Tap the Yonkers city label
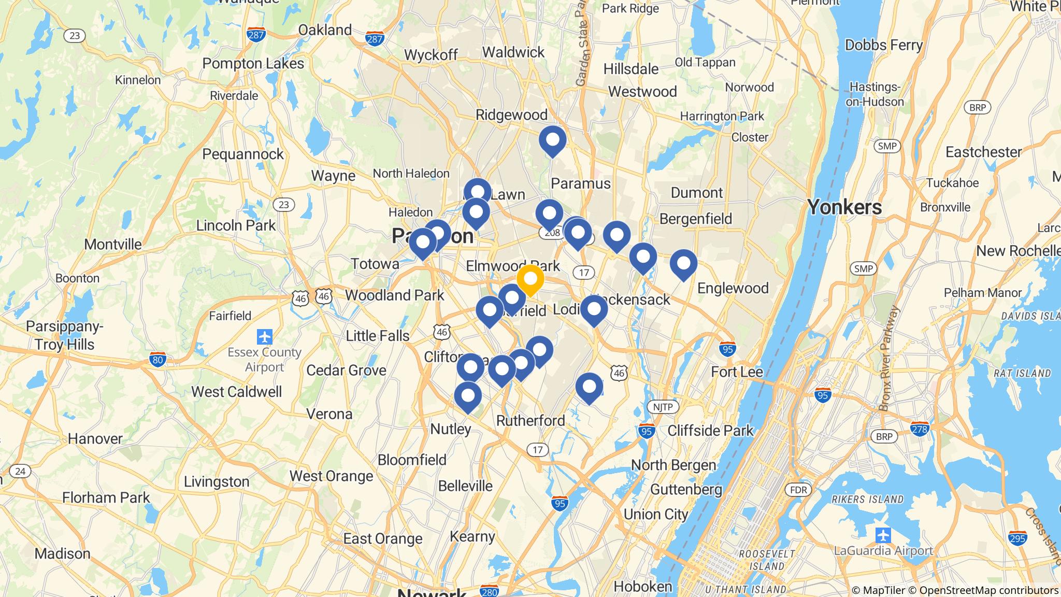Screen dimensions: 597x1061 point(844,207)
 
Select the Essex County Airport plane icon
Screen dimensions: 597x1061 point(265,337)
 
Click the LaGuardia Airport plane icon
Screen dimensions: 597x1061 point(883,534)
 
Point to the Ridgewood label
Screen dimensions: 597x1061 point(511,115)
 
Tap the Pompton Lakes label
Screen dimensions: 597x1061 point(253,63)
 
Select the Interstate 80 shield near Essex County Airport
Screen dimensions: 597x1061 point(157,359)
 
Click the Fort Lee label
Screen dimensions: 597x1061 point(737,372)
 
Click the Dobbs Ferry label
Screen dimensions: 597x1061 point(883,45)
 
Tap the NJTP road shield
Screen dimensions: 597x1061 point(663,407)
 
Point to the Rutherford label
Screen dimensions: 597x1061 point(530,420)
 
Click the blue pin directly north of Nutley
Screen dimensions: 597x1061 point(468,396)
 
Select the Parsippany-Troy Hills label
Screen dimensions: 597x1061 point(65,335)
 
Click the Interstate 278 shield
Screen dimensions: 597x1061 point(919,429)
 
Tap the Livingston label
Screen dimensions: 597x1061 point(217,481)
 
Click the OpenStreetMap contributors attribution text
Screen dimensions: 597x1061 point(987,590)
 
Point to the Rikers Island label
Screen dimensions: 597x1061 point(868,500)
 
